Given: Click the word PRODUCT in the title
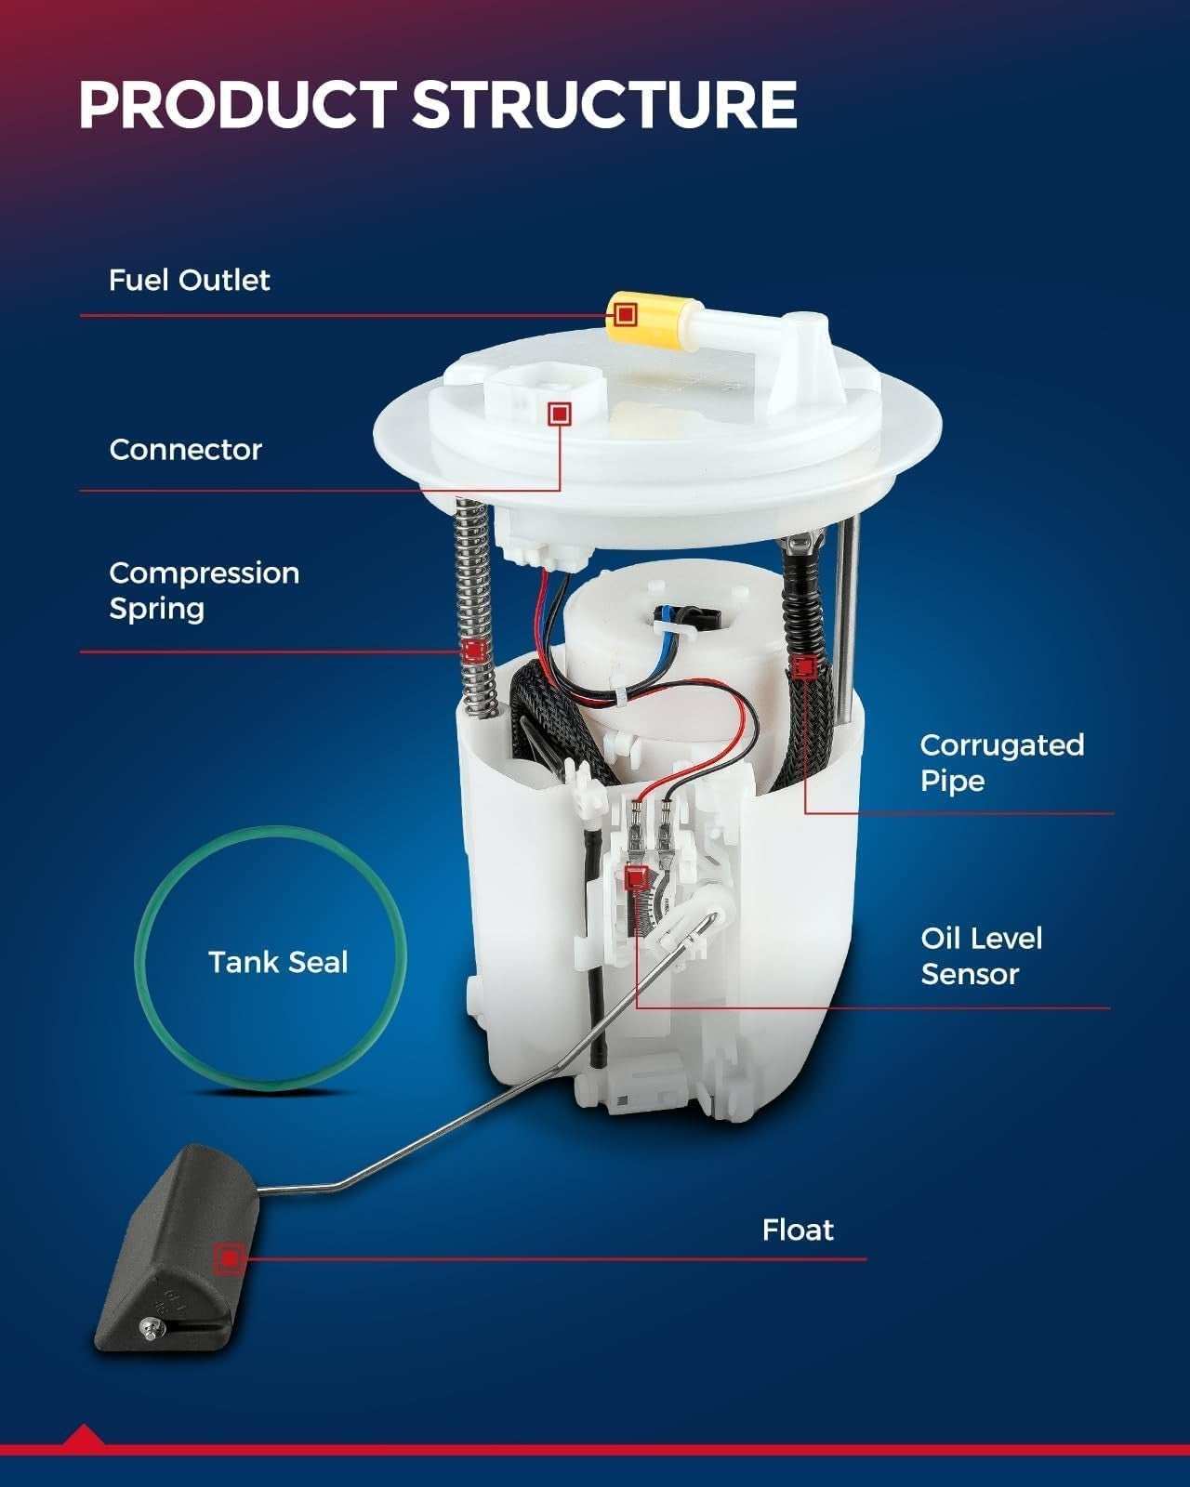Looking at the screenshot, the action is (x=237, y=104).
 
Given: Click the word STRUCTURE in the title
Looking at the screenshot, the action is (x=605, y=104).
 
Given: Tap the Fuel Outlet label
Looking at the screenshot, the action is (x=189, y=281).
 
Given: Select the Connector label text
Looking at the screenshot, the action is (x=185, y=450).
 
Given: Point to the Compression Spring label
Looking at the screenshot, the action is (x=204, y=591).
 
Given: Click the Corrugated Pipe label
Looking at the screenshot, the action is (x=1002, y=763).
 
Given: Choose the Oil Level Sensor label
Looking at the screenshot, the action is (x=981, y=956).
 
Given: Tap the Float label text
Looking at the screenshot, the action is (x=798, y=1230).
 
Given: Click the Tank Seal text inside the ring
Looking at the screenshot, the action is (x=278, y=963).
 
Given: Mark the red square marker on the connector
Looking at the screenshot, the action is (x=560, y=414).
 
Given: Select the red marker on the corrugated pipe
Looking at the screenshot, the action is (x=804, y=667).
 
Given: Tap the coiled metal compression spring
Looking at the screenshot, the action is (x=476, y=608).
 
